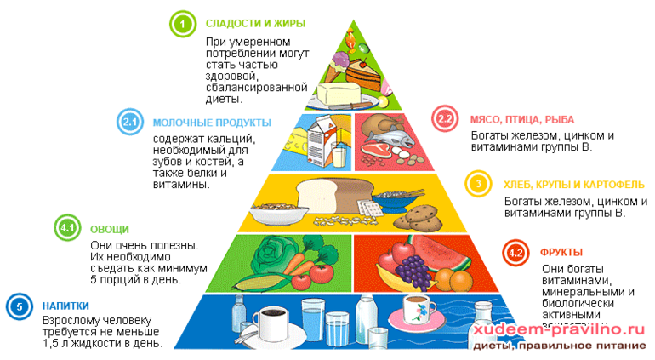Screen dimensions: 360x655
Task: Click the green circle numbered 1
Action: click(181, 23)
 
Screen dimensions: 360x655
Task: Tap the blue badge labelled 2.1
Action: click(130, 123)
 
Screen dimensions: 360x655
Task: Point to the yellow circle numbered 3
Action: click(478, 184)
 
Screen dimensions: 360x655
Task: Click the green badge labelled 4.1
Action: click(67, 228)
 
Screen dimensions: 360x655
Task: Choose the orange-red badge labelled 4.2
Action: click(514, 253)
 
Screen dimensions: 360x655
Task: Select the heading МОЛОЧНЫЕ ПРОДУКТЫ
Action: click(212, 123)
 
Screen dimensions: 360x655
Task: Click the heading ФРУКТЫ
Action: click(561, 253)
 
